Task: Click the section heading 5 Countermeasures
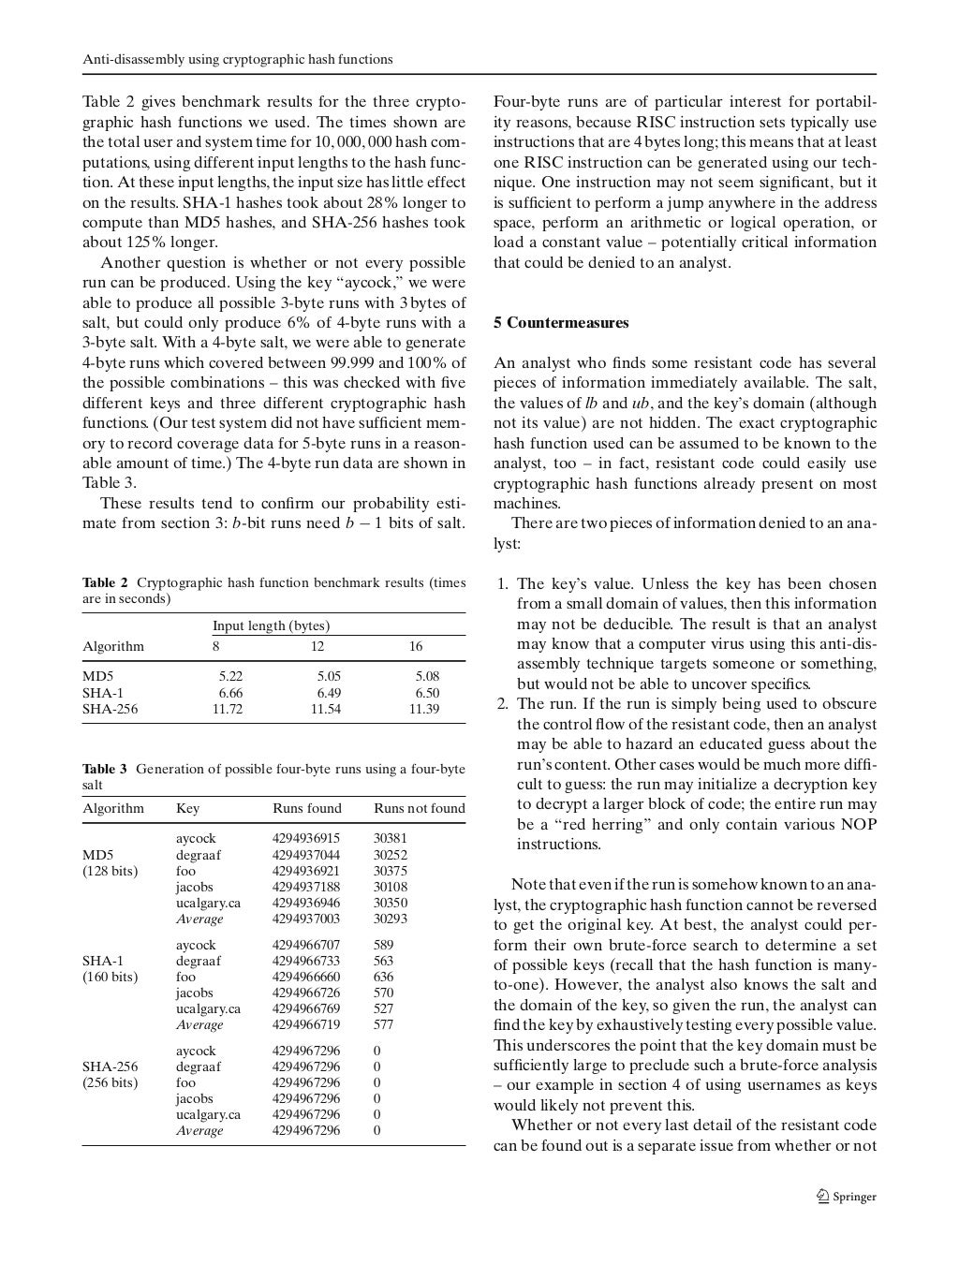click(561, 323)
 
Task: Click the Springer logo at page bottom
click(847, 1196)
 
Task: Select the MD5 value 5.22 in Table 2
click(230, 676)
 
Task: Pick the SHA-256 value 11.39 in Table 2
click(423, 709)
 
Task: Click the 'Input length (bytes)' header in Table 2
click(271, 625)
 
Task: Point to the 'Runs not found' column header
click(419, 808)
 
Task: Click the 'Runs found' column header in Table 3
click(306, 808)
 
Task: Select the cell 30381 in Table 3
click(390, 839)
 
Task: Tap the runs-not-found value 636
click(383, 977)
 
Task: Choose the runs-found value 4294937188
click(306, 887)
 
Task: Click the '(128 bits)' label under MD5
click(110, 871)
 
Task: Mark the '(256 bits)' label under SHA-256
click(110, 1082)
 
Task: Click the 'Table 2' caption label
click(105, 582)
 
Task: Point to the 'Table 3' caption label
click(105, 769)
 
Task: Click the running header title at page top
click(237, 59)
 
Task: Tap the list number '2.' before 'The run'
click(502, 704)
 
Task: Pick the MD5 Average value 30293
click(390, 919)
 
